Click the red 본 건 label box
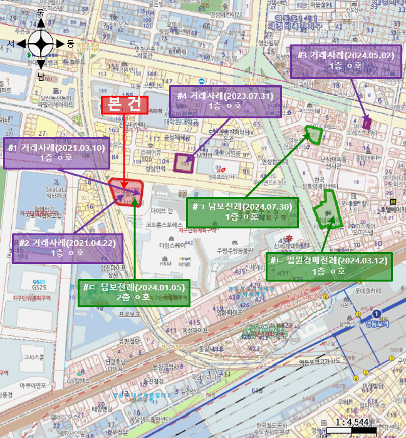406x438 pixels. [125, 105]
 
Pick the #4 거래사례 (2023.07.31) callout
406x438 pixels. [225, 101]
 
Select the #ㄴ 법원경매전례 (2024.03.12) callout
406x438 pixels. [329, 266]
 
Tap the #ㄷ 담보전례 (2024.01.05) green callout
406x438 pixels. [133, 292]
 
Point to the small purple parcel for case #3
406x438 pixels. [367, 123]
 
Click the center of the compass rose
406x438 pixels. [41, 44]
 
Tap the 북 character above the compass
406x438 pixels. [41, 13]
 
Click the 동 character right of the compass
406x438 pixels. [70, 44]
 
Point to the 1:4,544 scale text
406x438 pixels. [353, 423]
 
